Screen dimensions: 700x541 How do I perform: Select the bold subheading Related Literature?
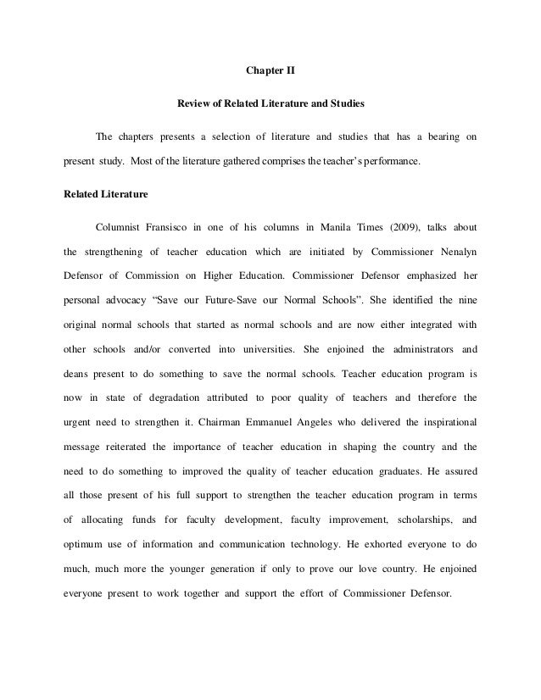[x=106, y=194]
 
